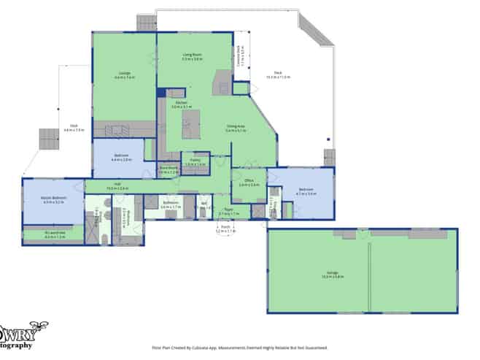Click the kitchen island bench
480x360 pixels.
(x=191, y=131)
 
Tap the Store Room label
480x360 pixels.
(x=169, y=170)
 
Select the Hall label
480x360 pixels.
(x=117, y=185)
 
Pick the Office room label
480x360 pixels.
(x=249, y=182)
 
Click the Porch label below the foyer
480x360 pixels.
(x=222, y=229)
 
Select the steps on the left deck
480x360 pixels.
(x=48, y=138)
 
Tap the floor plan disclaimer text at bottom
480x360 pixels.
(x=239, y=348)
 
